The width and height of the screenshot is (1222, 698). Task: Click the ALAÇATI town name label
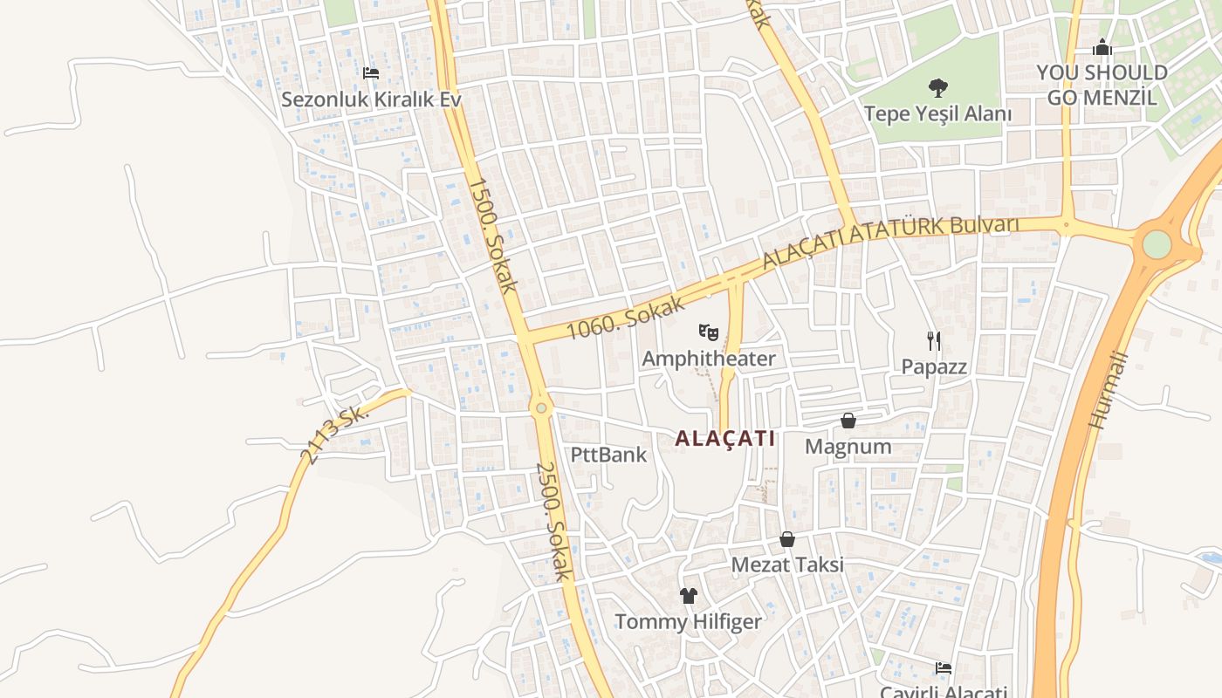724,438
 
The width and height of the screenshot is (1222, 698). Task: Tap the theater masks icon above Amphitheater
708,332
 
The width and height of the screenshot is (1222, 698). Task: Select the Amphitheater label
708,359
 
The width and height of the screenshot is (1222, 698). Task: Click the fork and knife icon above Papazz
934,340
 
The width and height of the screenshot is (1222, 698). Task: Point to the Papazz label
934,366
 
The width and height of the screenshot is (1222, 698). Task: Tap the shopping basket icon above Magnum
848,421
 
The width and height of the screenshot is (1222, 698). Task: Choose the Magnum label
848,447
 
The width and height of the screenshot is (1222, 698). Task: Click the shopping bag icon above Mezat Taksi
786,539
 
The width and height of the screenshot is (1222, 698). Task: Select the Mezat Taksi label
786,565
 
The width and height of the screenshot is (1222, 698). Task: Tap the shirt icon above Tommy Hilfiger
688,596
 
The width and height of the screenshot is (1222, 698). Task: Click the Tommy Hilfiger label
688,622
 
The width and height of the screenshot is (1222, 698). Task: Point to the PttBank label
608,455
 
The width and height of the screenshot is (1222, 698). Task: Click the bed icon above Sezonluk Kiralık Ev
371,73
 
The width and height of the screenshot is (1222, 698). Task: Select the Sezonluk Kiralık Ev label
371,99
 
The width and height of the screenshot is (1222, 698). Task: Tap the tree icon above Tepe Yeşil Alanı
938,87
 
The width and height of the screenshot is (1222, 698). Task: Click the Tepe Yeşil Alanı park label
938,113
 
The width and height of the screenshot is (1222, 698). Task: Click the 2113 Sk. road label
333,434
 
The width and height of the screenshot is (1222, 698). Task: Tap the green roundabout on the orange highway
1157,244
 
